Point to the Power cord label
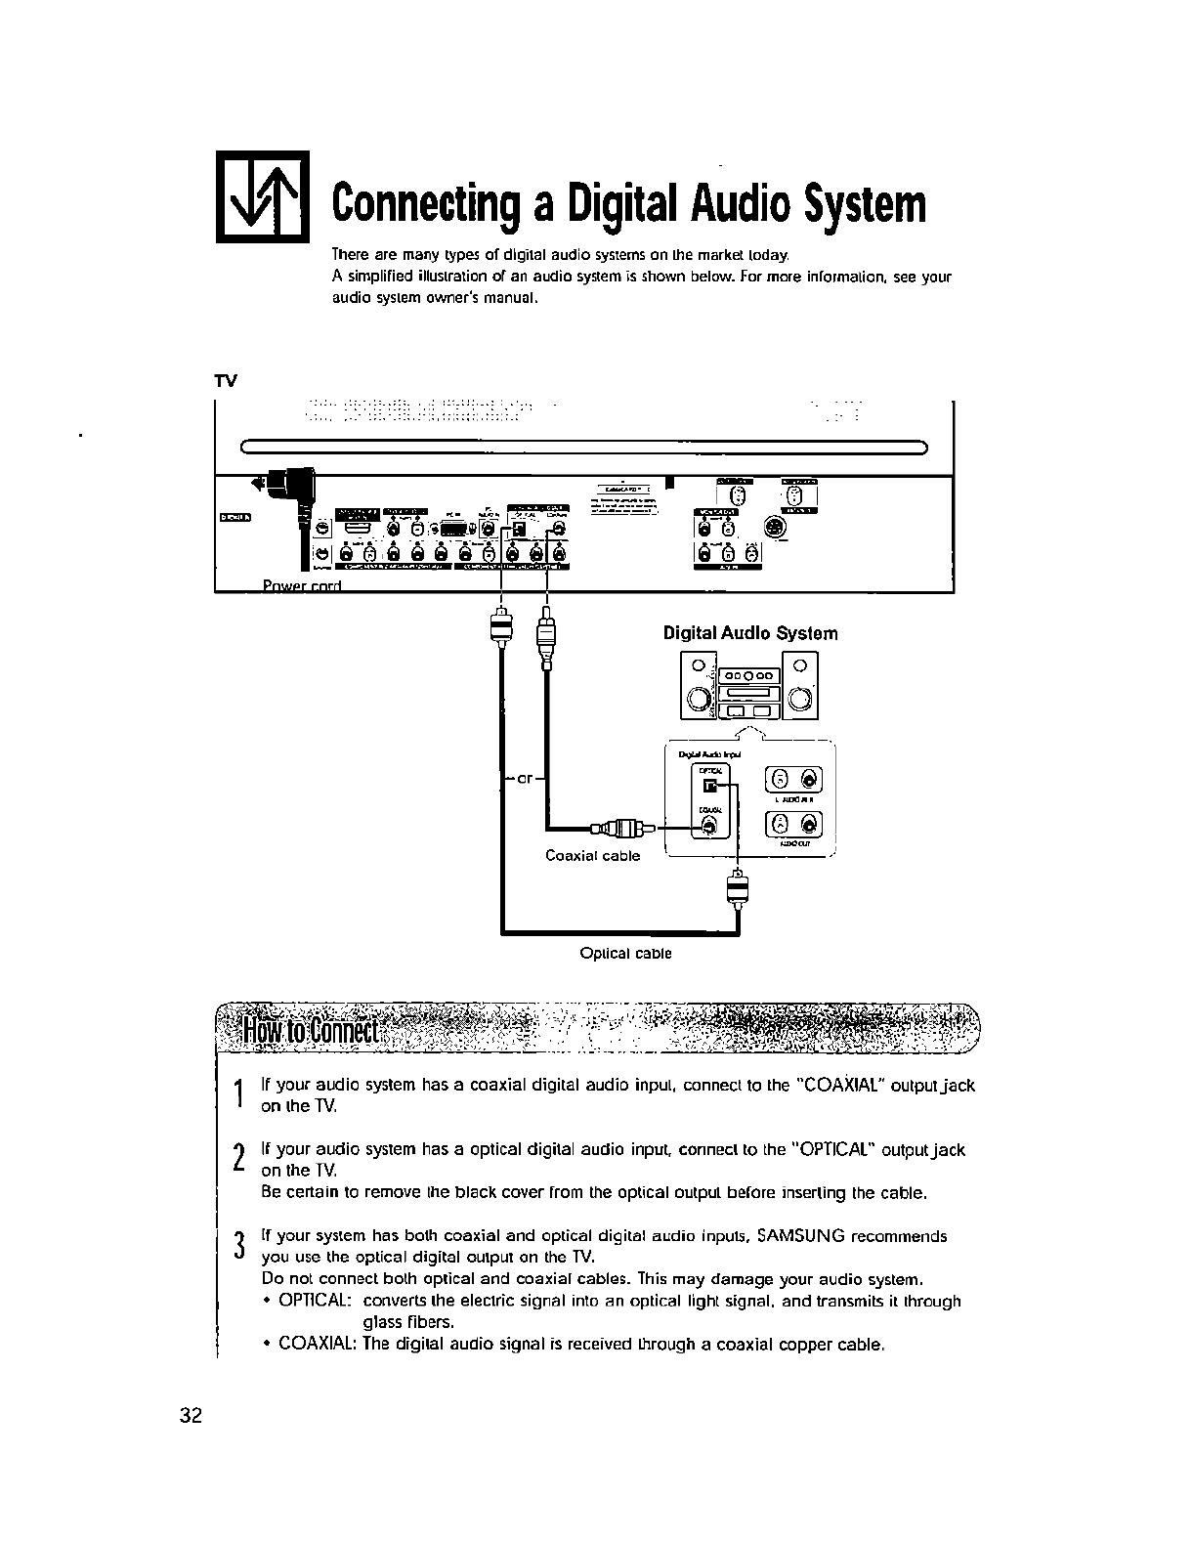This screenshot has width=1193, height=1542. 300,585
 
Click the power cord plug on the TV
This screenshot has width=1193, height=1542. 292,484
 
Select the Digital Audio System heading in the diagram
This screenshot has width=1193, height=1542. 750,633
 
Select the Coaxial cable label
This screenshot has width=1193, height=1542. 592,856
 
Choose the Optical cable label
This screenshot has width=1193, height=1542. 625,953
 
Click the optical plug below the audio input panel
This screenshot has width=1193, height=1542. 737,888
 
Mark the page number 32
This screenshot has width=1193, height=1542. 191,1416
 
